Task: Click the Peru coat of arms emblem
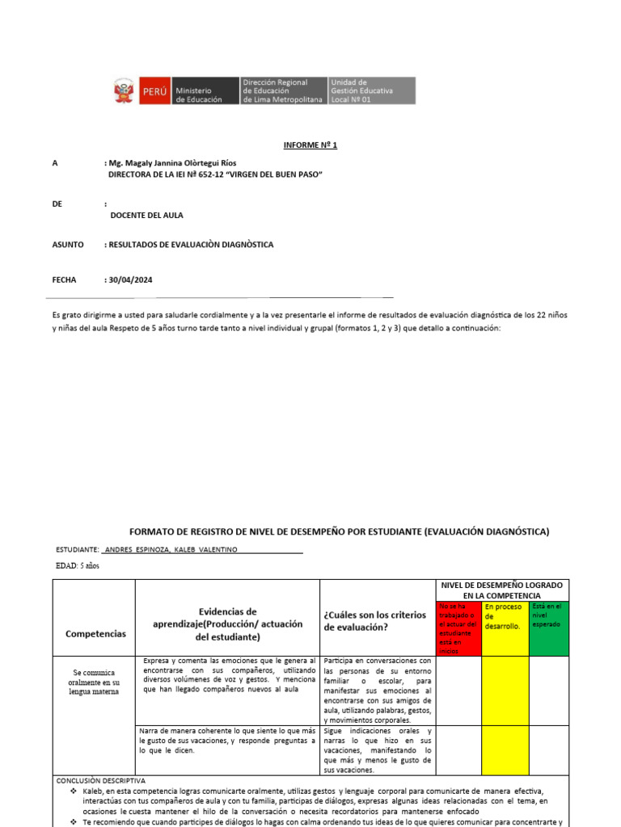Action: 124,90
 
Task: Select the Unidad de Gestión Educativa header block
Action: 371,90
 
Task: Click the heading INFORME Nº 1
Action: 310,145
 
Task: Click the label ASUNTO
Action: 67,245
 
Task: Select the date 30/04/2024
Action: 130,279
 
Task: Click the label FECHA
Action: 64,279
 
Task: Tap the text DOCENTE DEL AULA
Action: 146,215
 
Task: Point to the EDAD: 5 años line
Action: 78,565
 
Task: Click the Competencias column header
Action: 95,634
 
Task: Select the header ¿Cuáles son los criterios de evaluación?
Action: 374,620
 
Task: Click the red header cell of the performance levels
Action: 458,628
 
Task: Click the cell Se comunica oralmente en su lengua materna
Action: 94,682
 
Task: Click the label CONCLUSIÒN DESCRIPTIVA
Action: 100,781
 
